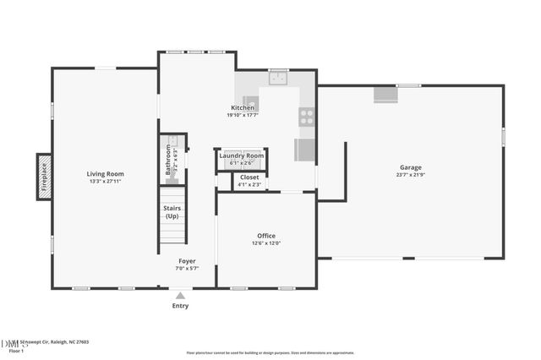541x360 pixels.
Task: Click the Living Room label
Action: [107, 174]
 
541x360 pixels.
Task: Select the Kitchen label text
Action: [243, 108]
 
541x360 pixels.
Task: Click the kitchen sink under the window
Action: [279, 79]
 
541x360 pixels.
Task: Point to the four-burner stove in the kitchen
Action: [306, 117]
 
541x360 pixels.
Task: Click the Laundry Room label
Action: [242, 155]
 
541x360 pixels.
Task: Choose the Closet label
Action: [249, 177]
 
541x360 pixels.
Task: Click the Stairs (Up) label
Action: [172, 212]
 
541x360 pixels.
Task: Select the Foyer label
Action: [186, 261]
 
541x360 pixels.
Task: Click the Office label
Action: [266, 236]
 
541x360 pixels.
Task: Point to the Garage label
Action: [411, 167]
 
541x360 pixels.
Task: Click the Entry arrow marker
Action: [180, 296]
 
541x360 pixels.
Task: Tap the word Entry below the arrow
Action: [180, 306]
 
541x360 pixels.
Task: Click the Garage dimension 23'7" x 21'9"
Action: [411, 175]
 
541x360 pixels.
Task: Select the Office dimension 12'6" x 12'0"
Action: [266, 243]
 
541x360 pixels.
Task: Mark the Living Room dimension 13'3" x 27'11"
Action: [107, 182]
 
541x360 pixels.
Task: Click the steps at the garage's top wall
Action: [385, 95]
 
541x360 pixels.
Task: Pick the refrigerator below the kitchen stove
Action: [305, 150]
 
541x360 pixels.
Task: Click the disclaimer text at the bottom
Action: [270, 352]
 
